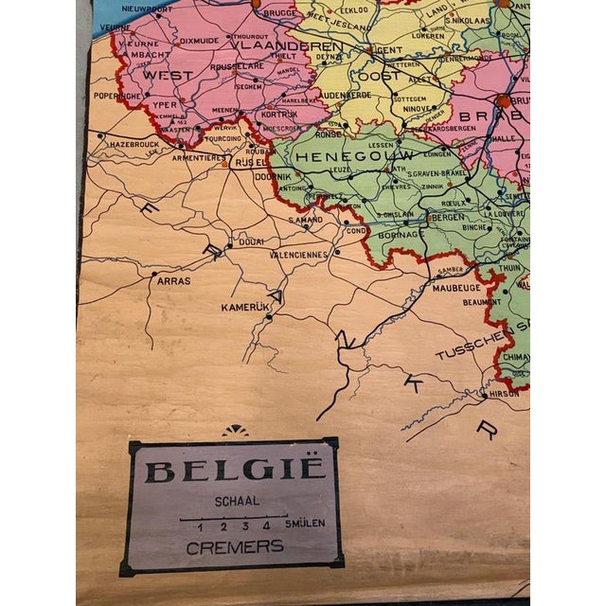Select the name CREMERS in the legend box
[234, 545]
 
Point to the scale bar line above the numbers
[233, 516]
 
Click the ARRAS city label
[173, 280]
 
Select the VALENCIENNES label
[299, 254]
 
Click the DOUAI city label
[249, 241]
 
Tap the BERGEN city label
[447, 217]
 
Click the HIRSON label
[505, 394]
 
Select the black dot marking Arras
[153, 274]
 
